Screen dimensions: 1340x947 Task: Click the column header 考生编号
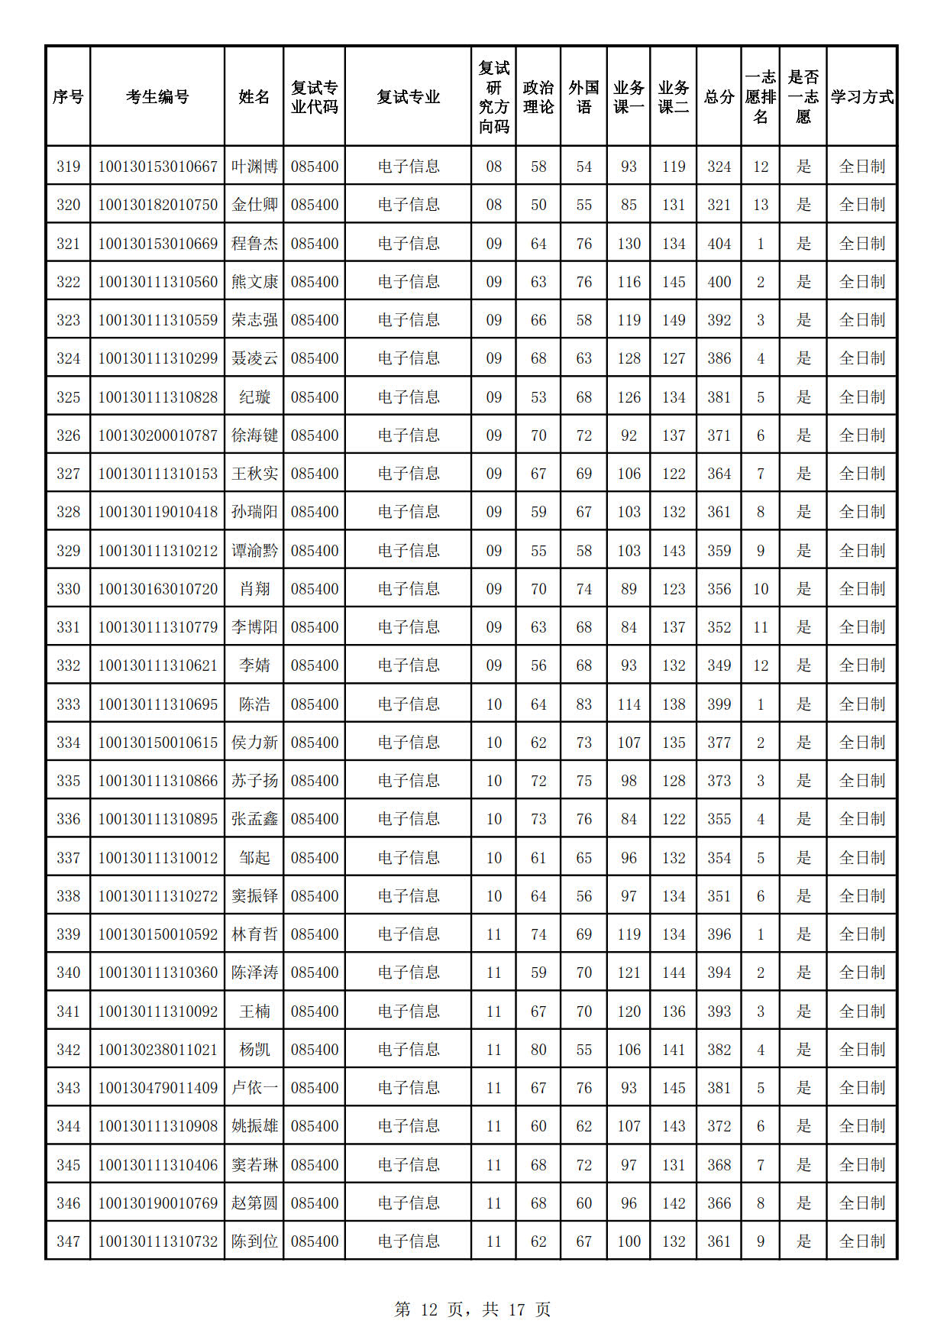pos(157,97)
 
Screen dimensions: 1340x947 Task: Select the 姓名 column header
pos(254,97)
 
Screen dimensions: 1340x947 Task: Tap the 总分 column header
pos(719,97)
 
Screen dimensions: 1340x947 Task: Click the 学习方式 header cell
pos(861,97)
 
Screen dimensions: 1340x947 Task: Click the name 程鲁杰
pos(254,244)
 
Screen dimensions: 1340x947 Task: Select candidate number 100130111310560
pos(157,282)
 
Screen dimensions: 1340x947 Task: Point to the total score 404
pos(719,244)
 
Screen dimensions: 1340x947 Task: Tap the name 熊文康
pos(254,282)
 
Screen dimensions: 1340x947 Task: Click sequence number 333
pos(68,704)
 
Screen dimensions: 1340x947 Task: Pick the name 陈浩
pos(254,704)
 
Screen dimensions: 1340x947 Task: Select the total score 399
pos(719,704)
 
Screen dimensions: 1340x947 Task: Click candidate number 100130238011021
pos(157,1050)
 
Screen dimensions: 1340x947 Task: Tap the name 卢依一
pos(254,1088)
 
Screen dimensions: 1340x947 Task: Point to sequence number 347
pos(68,1241)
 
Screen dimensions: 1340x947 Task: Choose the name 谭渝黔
pos(254,551)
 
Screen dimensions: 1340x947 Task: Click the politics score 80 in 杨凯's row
pos(538,1050)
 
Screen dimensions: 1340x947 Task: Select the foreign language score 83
pos(583,704)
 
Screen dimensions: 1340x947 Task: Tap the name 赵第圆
pos(254,1203)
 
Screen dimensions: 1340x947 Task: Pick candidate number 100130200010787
pos(157,435)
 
